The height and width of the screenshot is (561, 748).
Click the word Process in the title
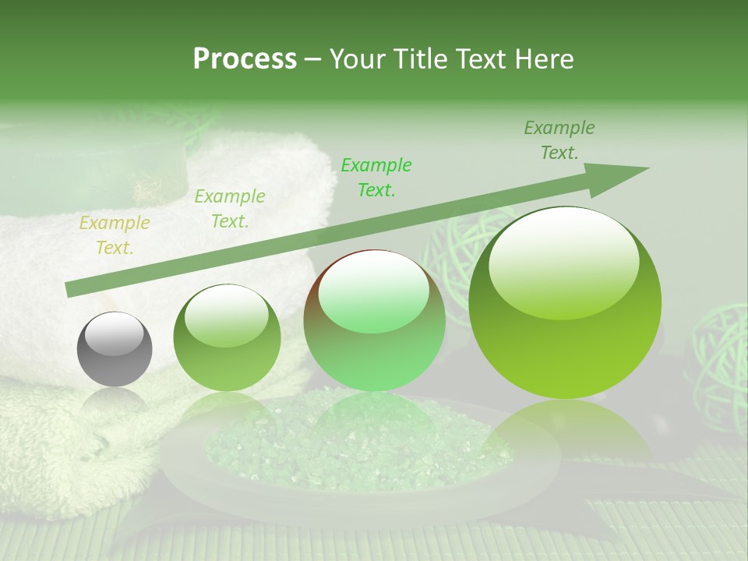pyautogui.click(x=245, y=58)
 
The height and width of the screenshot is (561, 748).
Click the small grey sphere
pyautogui.click(x=115, y=349)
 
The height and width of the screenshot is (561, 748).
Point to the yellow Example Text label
pyautogui.click(x=115, y=235)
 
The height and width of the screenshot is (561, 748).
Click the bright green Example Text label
pyautogui.click(x=376, y=177)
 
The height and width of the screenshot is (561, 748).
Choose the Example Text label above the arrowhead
pyautogui.click(x=559, y=140)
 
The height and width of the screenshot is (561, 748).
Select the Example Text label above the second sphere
pyautogui.click(x=230, y=209)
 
